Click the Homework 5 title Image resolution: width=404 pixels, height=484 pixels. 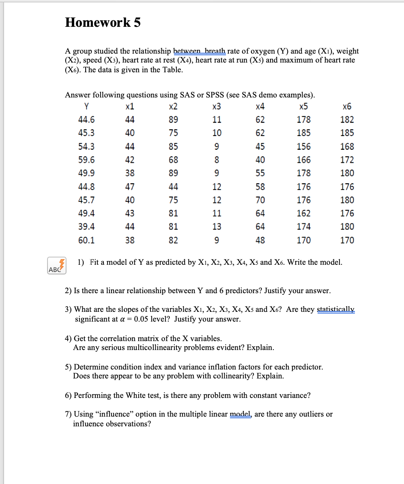click(x=103, y=22)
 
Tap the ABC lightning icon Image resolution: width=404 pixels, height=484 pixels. click(x=56, y=265)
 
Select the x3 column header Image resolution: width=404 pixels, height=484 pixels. click(x=217, y=107)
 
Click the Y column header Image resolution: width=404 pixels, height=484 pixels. click(x=86, y=107)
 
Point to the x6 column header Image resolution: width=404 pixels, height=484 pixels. click(x=347, y=107)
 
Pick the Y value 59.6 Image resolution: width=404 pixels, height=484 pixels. click(x=86, y=160)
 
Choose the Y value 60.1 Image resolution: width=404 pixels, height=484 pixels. click(x=86, y=240)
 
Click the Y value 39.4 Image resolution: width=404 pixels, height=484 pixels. click(x=86, y=227)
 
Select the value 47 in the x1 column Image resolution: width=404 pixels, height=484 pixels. click(x=130, y=187)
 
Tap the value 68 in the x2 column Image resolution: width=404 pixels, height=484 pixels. click(x=173, y=160)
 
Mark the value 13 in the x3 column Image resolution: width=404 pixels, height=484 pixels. click(x=217, y=227)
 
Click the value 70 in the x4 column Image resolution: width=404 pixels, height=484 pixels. click(x=260, y=200)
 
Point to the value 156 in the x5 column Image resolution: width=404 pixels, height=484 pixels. click(x=304, y=146)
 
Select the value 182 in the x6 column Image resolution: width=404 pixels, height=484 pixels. click(x=347, y=120)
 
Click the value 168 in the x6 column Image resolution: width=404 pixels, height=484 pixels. click(x=347, y=146)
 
